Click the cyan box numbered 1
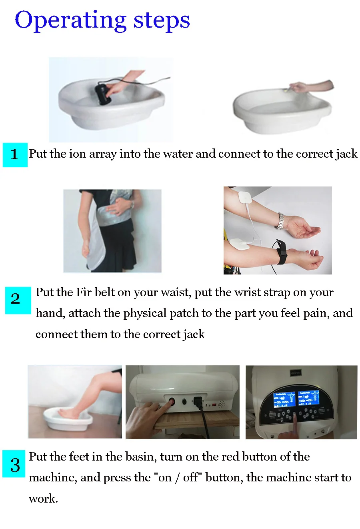click(15, 155)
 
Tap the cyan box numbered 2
click(18, 300)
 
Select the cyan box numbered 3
click(14, 464)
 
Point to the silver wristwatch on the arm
click(281, 221)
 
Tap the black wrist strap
click(282, 252)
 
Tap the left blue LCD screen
click(284, 399)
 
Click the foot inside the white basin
click(66, 413)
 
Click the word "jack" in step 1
click(347, 154)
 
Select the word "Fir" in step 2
click(84, 293)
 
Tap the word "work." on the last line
click(44, 499)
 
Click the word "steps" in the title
click(162, 22)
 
